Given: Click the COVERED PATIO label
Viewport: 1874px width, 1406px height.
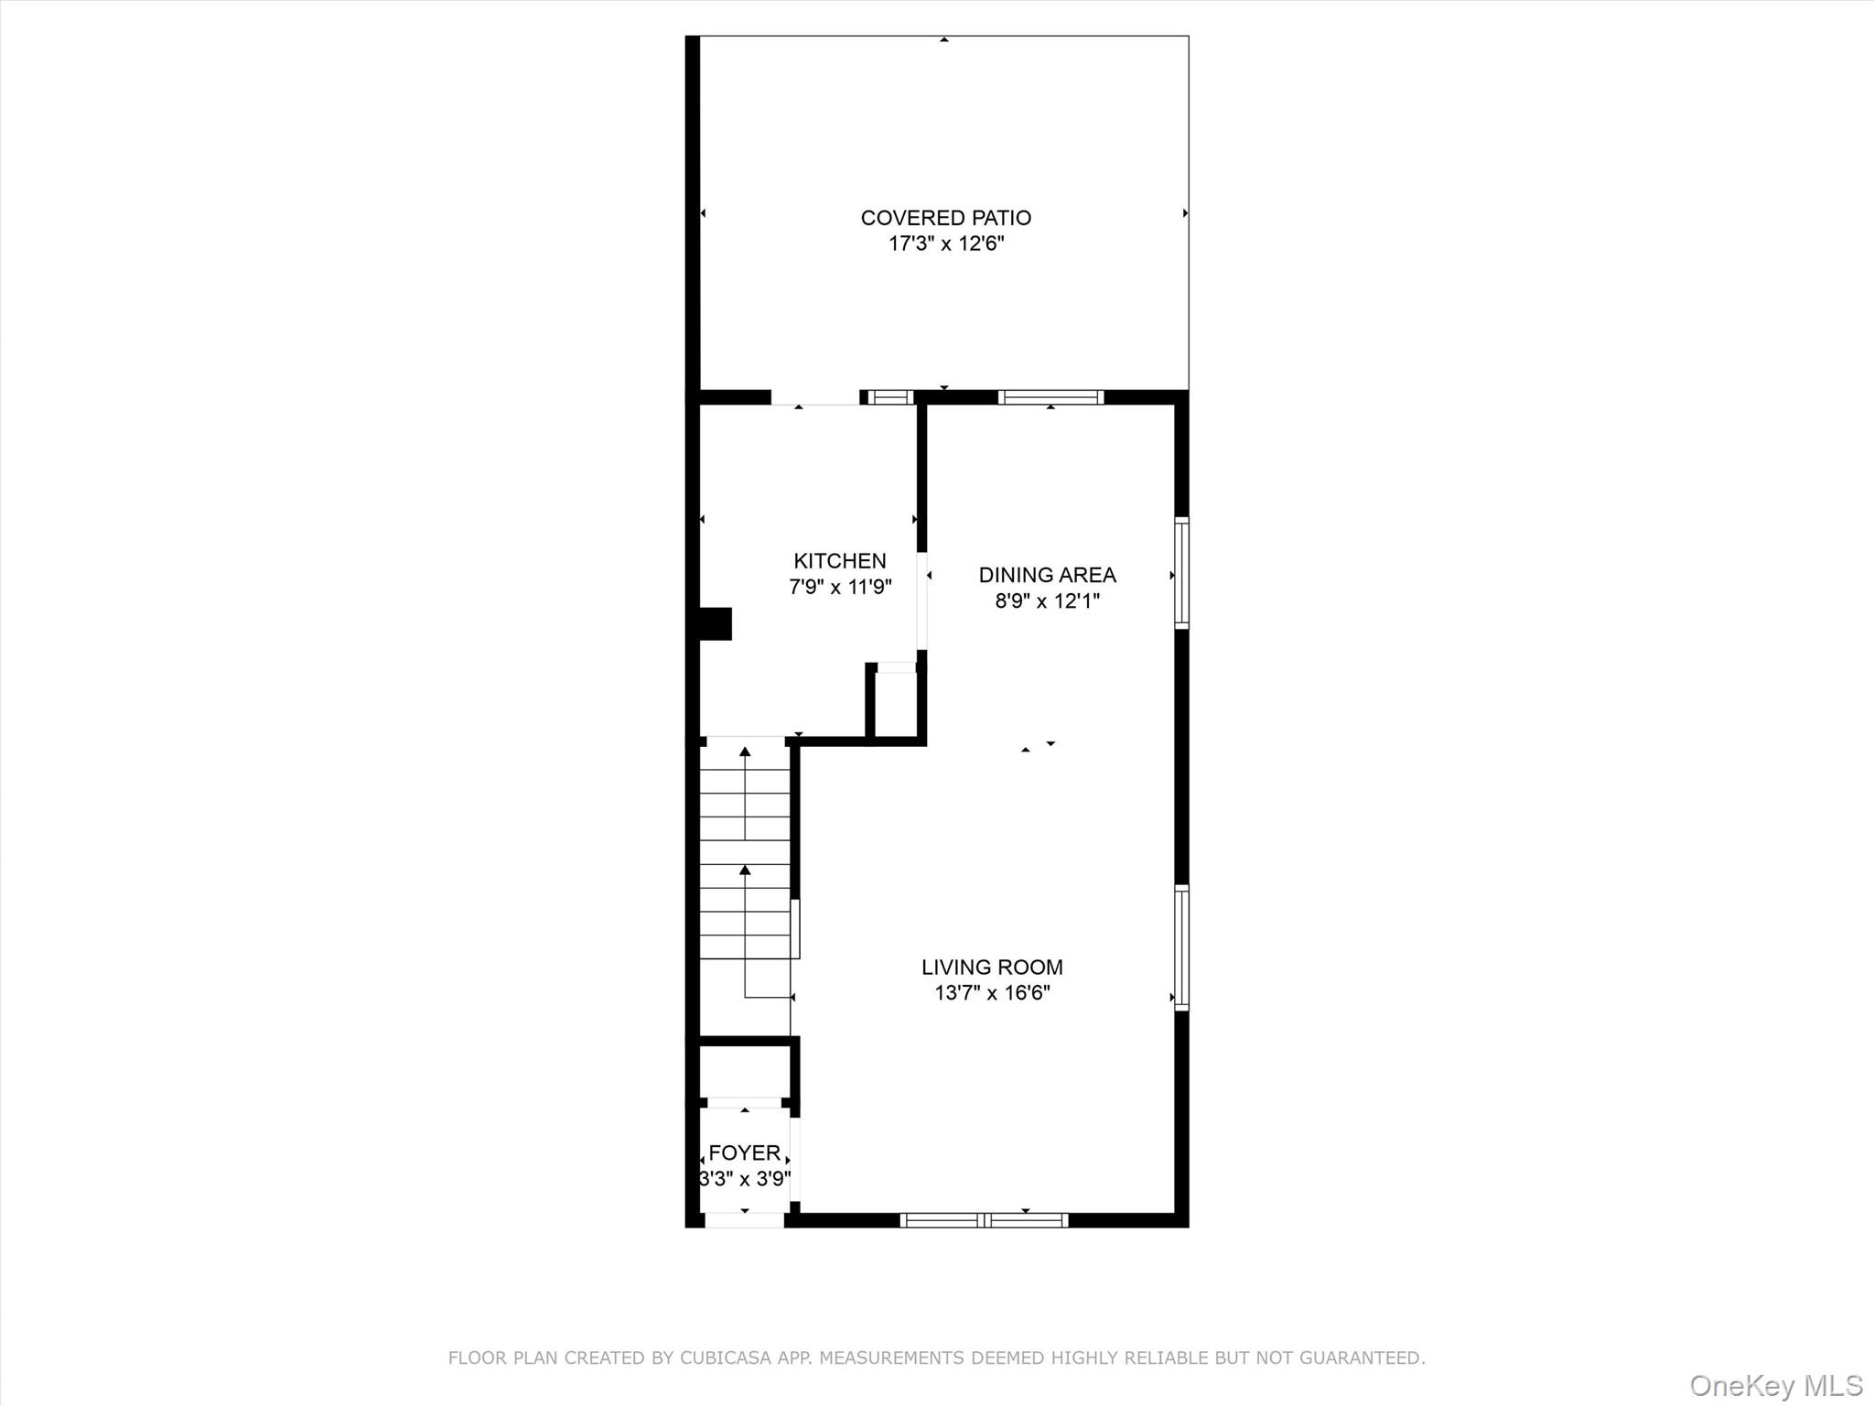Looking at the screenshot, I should [x=945, y=218].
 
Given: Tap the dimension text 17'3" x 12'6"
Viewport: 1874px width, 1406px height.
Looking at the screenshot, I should [x=945, y=243].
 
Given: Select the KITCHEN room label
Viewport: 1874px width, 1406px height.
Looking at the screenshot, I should [x=839, y=561].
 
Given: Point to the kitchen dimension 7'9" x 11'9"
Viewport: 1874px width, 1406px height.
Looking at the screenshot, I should [x=839, y=587].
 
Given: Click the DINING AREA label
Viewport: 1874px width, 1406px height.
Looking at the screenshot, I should [x=1047, y=575].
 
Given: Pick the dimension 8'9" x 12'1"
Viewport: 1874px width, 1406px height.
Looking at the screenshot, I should [x=1047, y=600].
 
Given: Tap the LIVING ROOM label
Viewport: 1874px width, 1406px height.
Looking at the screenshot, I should [x=991, y=967].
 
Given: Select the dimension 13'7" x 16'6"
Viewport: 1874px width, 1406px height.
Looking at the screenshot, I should [x=991, y=992].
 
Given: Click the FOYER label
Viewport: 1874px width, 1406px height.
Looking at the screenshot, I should [x=744, y=1152].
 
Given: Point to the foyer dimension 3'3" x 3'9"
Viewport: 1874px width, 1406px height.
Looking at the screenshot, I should [x=744, y=1178].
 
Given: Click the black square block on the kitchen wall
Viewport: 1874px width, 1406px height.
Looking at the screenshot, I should [x=716, y=623].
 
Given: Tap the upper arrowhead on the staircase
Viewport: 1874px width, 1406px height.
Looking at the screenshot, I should [x=745, y=752].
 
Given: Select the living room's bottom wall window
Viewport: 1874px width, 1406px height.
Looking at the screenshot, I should [x=984, y=1219].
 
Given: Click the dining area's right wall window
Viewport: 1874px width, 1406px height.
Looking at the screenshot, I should [x=1181, y=573].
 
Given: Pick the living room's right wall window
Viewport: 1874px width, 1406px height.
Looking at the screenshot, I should [x=1181, y=947].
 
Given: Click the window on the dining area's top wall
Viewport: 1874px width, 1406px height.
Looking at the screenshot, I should [x=1050, y=397].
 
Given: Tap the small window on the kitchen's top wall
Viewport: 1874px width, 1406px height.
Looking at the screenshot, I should [x=889, y=397].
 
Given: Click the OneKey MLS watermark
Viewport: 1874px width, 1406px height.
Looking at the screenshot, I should [x=1775, y=1385].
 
